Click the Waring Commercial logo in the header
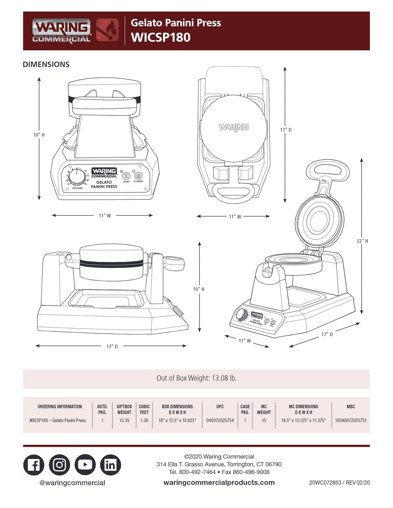point(61,31)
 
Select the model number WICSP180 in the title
point(160,37)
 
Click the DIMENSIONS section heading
point(46,64)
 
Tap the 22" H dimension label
point(362,241)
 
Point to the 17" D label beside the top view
point(286,130)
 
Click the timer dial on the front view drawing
point(77,178)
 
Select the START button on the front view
point(126,176)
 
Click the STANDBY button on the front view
point(138,176)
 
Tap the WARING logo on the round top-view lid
point(233,127)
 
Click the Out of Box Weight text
point(196,378)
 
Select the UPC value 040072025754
point(220,420)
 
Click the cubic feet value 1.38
point(144,420)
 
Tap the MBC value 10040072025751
point(351,420)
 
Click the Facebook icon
point(34,465)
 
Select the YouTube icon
point(85,465)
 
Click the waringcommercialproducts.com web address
point(219,482)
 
